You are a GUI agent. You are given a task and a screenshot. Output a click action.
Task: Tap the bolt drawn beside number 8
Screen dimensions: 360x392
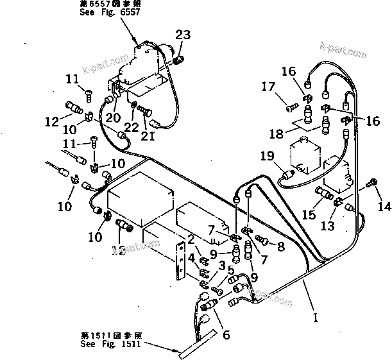coord(261,240)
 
